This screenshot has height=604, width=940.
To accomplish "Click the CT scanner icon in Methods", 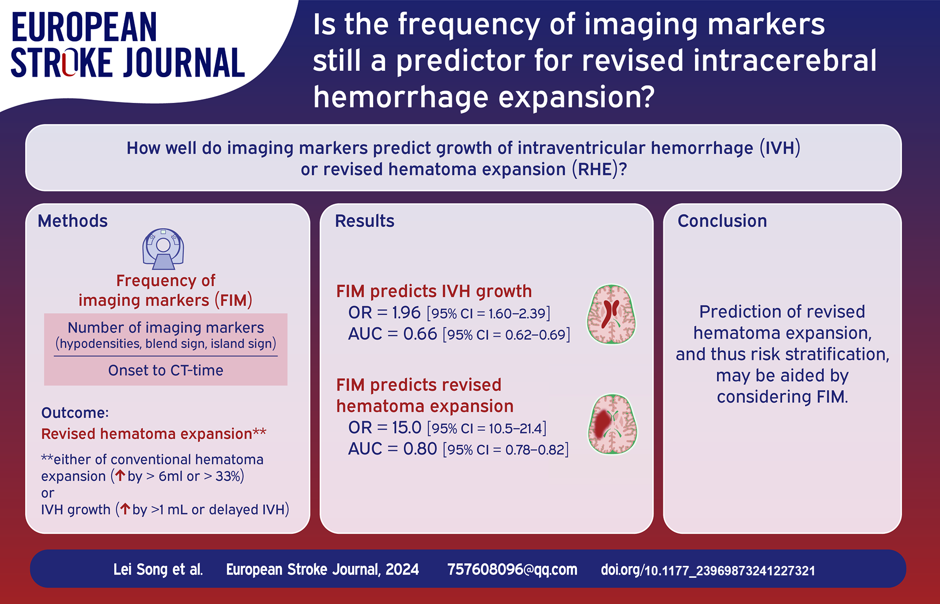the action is (163, 248).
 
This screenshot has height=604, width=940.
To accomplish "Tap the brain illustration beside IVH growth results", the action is (611, 314).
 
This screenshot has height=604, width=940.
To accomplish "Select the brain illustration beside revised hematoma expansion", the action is (612, 424).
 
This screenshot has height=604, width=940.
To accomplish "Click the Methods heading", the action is (73, 221).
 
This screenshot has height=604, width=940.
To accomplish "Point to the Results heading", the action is (365, 221).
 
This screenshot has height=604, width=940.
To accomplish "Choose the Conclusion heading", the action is (722, 221).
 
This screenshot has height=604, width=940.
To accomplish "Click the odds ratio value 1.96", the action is (406, 313).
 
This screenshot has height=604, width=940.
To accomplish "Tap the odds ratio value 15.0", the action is (407, 427).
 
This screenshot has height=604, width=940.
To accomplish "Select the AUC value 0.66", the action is (420, 334).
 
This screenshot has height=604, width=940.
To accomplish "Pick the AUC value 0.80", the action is (420, 449).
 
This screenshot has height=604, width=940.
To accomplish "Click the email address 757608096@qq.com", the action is (512, 569).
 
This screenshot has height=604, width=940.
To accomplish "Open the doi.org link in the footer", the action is (708, 570).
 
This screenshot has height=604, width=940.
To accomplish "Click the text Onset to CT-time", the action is (166, 371).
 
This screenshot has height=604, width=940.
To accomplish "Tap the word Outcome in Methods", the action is (73, 413).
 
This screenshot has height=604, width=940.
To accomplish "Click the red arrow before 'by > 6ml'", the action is (120, 475).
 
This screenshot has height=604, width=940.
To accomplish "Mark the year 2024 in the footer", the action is (402, 569).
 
